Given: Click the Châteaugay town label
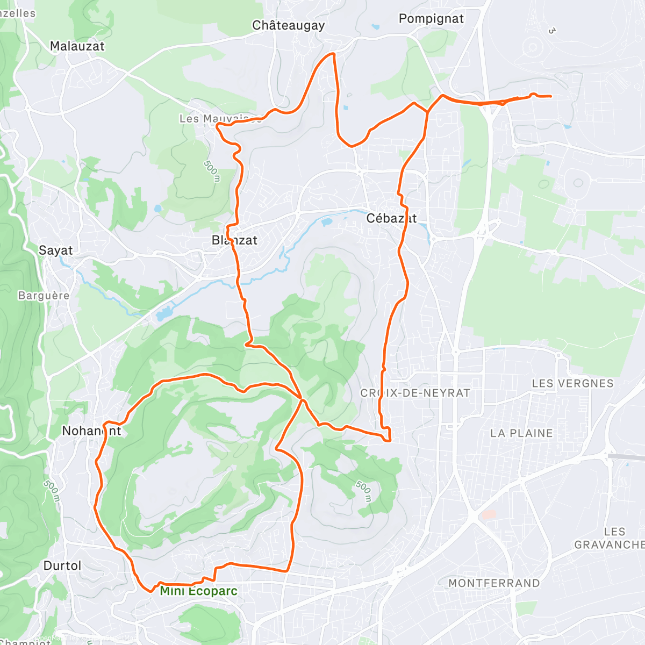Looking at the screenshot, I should [x=288, y=25].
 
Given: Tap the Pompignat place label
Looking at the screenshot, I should [x=431, y=19].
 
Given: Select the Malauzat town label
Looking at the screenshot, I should [x=77, y=46].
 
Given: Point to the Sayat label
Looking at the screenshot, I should [x=55, y=250].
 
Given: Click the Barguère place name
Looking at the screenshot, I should [x=44, y=296].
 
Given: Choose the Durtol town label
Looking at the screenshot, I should [x=62, y=565].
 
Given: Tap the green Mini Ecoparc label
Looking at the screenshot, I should [x=198, y=591].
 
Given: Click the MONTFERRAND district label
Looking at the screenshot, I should [x=494, y=583].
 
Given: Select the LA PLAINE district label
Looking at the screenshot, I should [x=521, y=433].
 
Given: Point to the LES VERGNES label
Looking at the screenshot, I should [x=572, y=384].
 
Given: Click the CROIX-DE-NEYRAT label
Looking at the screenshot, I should [x=415, y=393].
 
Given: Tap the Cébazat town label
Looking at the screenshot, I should [x=391, y=218].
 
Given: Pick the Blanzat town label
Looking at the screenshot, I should [x=234, y=240].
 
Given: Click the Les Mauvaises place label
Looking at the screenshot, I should [x=220, y=118].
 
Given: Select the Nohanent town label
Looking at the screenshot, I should [x=91, y=431].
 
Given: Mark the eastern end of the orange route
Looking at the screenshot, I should [x=550, y=96].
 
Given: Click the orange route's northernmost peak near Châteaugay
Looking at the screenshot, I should [x=333, y=54].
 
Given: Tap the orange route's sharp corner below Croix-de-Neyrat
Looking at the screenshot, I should [x=388, y=441].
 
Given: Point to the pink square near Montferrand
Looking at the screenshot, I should [x=489, y=514].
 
